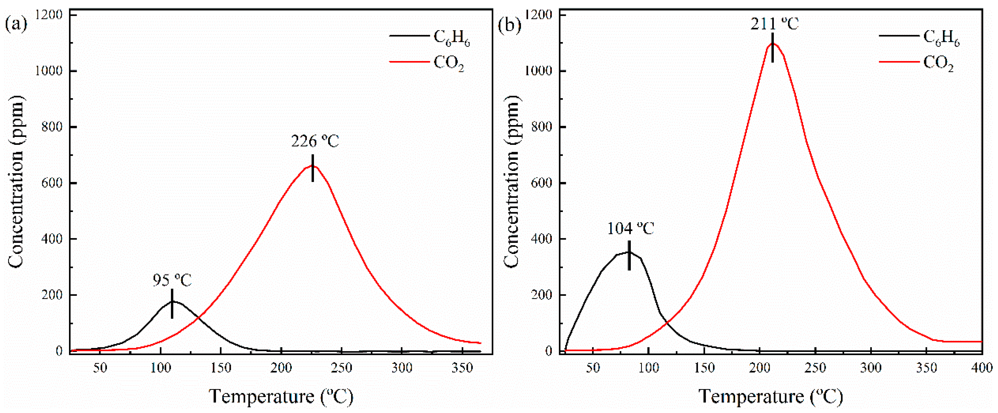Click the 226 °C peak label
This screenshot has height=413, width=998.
[315, 142]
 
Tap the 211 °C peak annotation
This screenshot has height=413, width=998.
[774, 24]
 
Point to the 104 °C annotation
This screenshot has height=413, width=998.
[630, 229]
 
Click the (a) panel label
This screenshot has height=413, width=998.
[16, 25]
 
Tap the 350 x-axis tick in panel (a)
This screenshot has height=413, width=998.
[462, 367]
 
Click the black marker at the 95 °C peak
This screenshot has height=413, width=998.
[172, 303]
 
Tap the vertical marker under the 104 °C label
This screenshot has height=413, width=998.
[629, 255]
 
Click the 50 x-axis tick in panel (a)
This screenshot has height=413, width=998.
[100, 367]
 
